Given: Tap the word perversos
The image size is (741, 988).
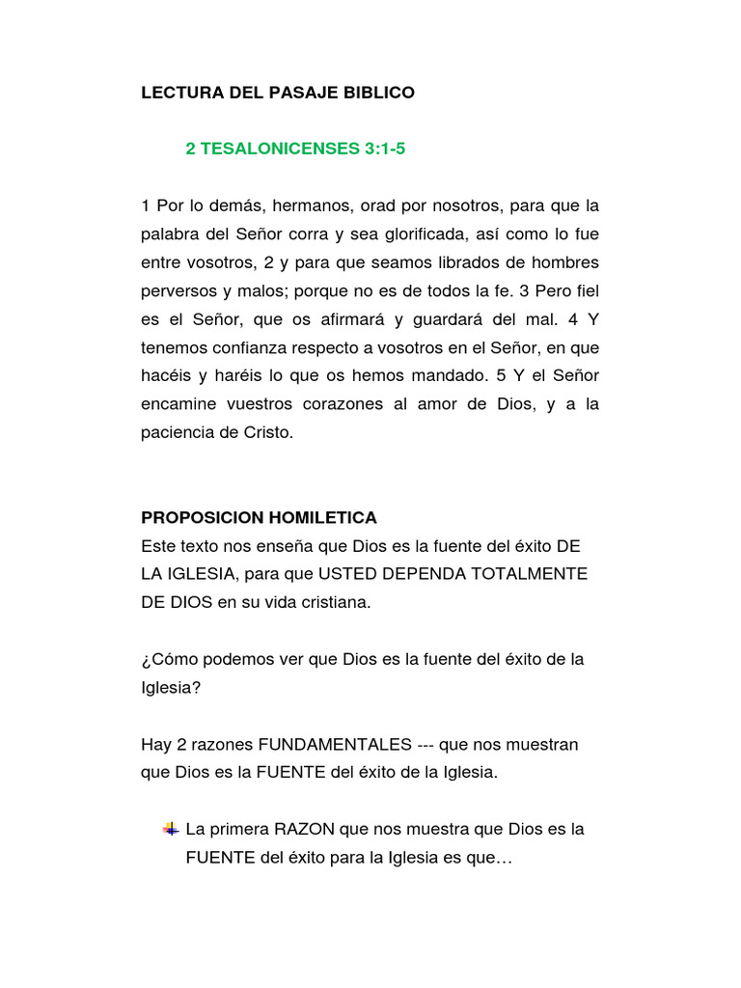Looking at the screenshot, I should point(178,291).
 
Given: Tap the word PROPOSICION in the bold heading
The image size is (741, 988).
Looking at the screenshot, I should point(196,518).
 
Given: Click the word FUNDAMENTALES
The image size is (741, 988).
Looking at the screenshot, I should point(331,745).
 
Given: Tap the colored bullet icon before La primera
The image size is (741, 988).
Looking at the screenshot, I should point(170,829).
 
